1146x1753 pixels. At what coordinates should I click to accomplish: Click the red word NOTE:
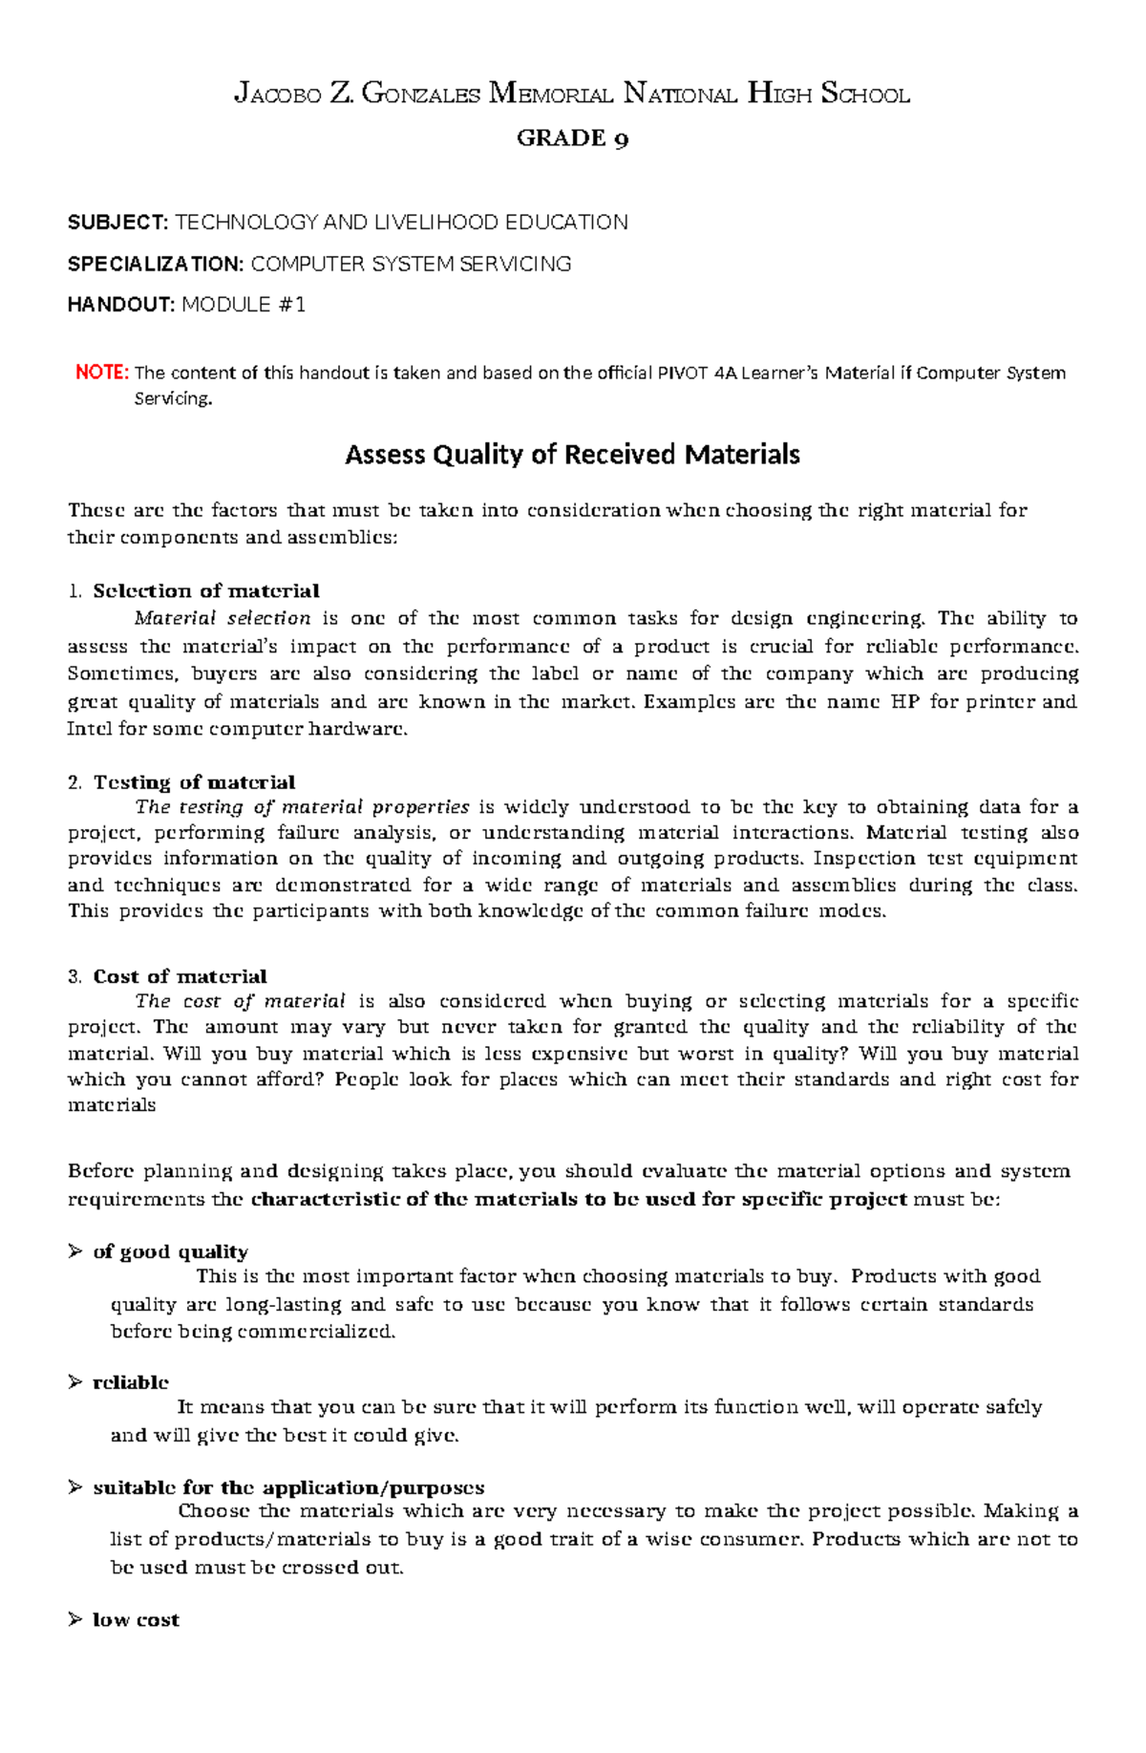[101, 373]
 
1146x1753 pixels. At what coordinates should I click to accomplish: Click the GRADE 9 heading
[572, 139]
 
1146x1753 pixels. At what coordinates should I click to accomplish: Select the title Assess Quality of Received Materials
[572, 454]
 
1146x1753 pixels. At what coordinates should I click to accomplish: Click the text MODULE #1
[244, 305]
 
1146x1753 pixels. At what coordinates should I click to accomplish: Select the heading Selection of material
[205, 590]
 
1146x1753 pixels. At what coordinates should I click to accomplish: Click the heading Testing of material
[194, 782]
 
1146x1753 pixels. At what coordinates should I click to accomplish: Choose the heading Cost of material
[180, 976]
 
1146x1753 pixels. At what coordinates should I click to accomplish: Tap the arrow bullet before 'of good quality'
[75, 1251]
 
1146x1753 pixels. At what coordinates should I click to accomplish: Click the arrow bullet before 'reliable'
[75, 1382]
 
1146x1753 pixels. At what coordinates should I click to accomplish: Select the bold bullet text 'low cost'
[136, 1620]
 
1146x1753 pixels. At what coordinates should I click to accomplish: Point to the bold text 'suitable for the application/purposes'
[288, 1487]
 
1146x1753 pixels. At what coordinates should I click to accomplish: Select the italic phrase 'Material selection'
[223, 618]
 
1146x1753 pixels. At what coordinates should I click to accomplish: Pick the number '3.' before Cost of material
[75, 976]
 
